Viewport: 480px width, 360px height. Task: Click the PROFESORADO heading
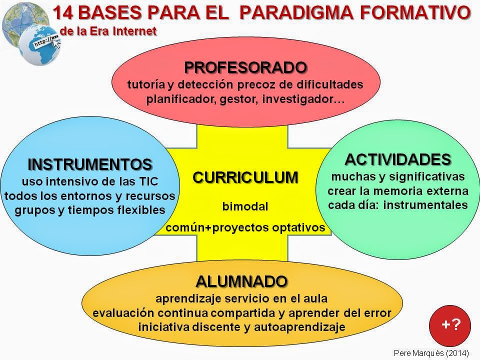[245, 67]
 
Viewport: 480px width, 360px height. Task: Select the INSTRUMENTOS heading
[90, 164]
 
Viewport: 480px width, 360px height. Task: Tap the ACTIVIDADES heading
[398, 160]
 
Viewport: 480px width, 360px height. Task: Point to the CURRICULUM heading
[245, 177]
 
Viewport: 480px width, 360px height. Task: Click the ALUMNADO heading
[241, 281]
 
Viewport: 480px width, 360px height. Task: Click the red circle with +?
[450, 324]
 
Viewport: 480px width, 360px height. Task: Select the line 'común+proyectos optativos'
[245, 228]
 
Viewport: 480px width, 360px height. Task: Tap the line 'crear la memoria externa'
[398, 190]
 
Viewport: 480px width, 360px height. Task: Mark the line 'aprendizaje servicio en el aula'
[241, 299]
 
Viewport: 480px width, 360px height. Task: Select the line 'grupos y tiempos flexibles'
[90, 210]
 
